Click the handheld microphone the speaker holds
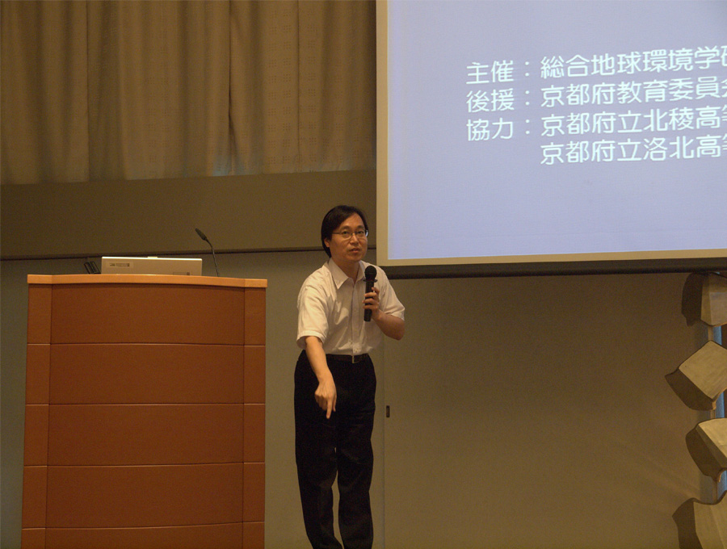(369, 292)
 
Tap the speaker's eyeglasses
(350, 234)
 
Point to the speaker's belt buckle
(355, 358)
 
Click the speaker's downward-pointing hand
(326, 396)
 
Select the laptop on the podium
(152, 266)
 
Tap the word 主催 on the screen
(490, 73)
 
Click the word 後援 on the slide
(490, 101)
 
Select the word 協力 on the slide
(490, 128)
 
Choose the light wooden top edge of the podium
(147, 280)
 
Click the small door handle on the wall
(388, 411)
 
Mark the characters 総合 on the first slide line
(565, 68)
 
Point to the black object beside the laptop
(92, 267)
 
